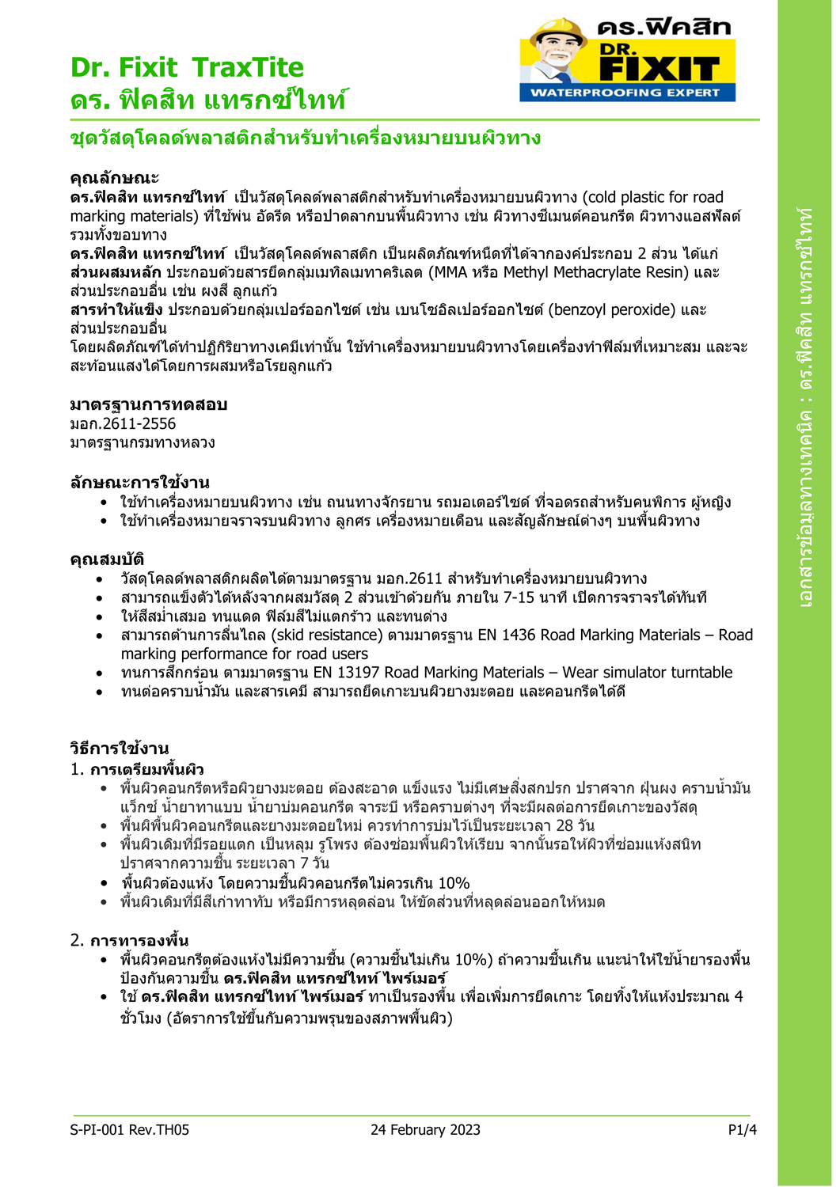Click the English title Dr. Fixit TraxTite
pos(187,67)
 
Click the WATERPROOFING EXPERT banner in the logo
pos(625,93)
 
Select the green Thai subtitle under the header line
pos(305,138)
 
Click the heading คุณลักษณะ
pos(114,177)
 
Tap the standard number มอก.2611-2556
pos(123,423)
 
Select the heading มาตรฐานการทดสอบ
pos(148,404)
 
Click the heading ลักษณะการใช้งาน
pos(139,482)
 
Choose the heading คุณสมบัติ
pos(107,559)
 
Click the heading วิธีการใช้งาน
pos(119,748)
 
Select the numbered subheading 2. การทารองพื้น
pos(129,940)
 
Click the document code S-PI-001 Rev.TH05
pos(129,1129)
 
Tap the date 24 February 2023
pos(425,1129)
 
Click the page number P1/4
pos(742,1129)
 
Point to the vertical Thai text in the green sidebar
pos(807,408)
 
